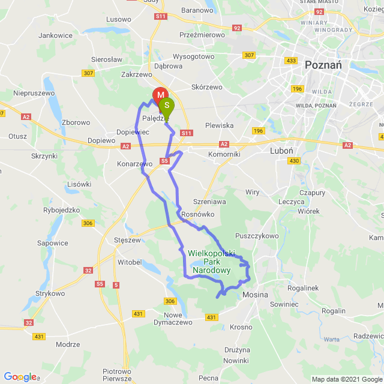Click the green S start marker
click(167, 106)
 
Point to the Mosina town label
click(255, 295)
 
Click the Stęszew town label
click(127, 240)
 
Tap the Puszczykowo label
click(257, 236)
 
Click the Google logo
click(20, 377)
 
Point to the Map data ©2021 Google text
click(347, 379)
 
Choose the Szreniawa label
click(209, 202)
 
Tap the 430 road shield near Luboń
click(293, 161)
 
